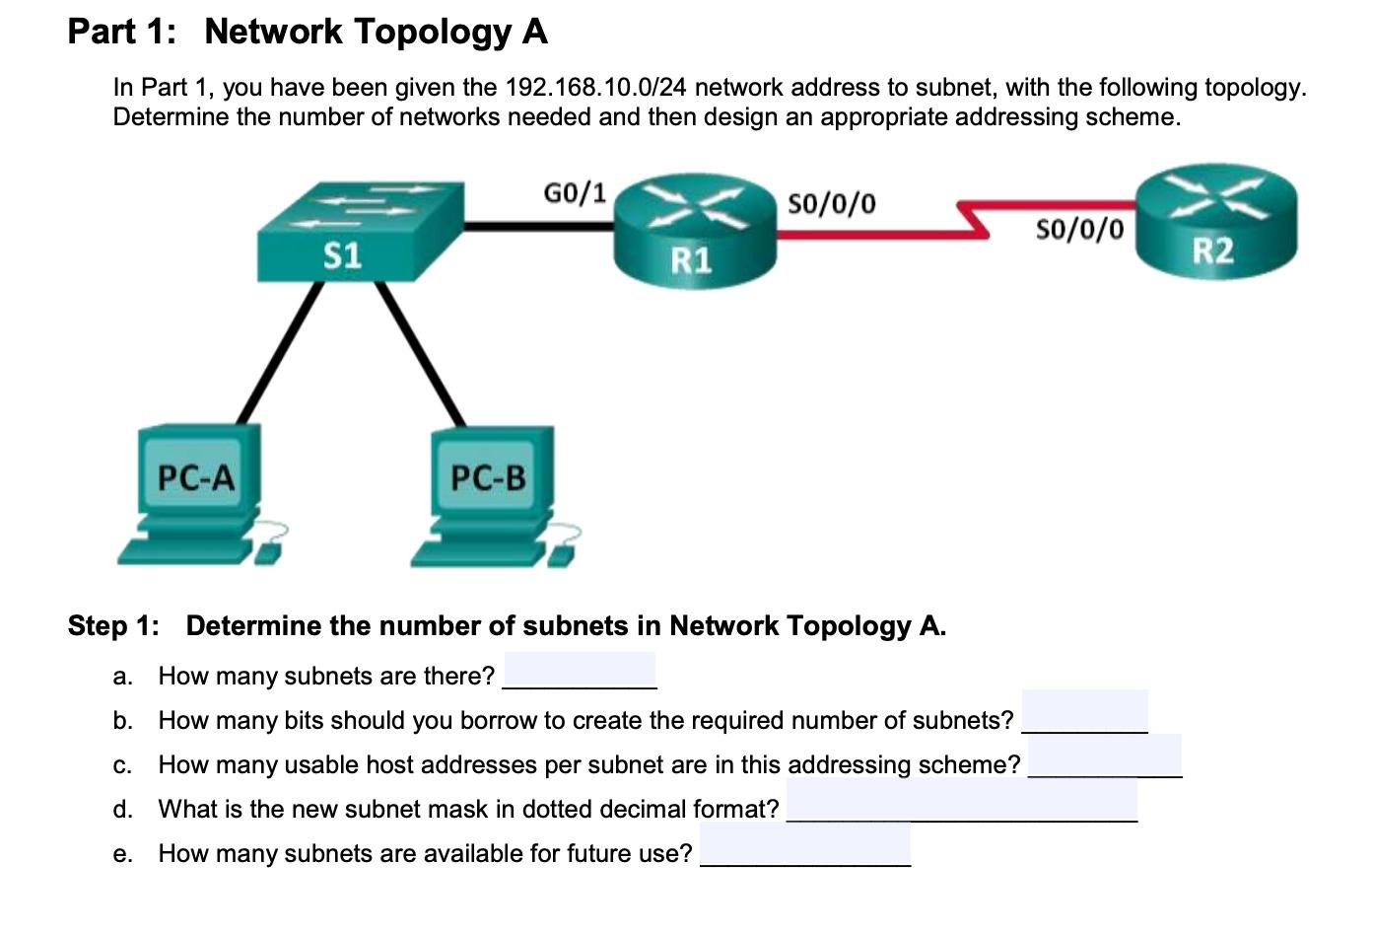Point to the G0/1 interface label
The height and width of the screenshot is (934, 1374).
pos(575,191)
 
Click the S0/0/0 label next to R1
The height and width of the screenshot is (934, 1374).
pos(831,203)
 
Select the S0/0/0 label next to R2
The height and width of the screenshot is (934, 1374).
pos(1079,229)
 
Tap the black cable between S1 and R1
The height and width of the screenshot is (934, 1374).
pos(537,226)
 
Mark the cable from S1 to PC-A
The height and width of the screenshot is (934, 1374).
pos(279,352)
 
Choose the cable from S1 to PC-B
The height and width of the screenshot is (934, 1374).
pos(422,352)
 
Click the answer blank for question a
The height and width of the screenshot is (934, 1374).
pos(580,672)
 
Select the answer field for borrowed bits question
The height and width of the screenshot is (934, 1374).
pos(1084,712)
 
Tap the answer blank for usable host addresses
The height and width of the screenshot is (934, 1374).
pos(1104,757)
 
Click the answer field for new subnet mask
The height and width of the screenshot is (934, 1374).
pos(961,801)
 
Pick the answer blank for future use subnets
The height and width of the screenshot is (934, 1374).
pos(804,847)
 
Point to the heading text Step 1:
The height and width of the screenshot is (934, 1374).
pos(112,626)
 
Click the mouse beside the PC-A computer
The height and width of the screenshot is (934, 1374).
pos(268,549)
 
